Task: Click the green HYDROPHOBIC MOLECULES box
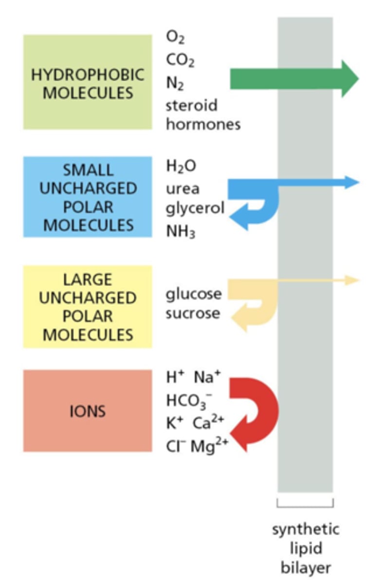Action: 88,82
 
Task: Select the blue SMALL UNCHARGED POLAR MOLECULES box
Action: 88,197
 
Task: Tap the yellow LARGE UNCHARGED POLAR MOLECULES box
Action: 88,307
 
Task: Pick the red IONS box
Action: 88,411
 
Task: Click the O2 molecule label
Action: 176,37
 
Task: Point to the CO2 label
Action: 180,60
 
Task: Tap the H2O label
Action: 181,167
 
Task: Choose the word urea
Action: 183,188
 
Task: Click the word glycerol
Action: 195,209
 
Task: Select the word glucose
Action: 193,293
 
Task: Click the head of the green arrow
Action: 349,78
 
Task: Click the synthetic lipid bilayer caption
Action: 306,548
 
